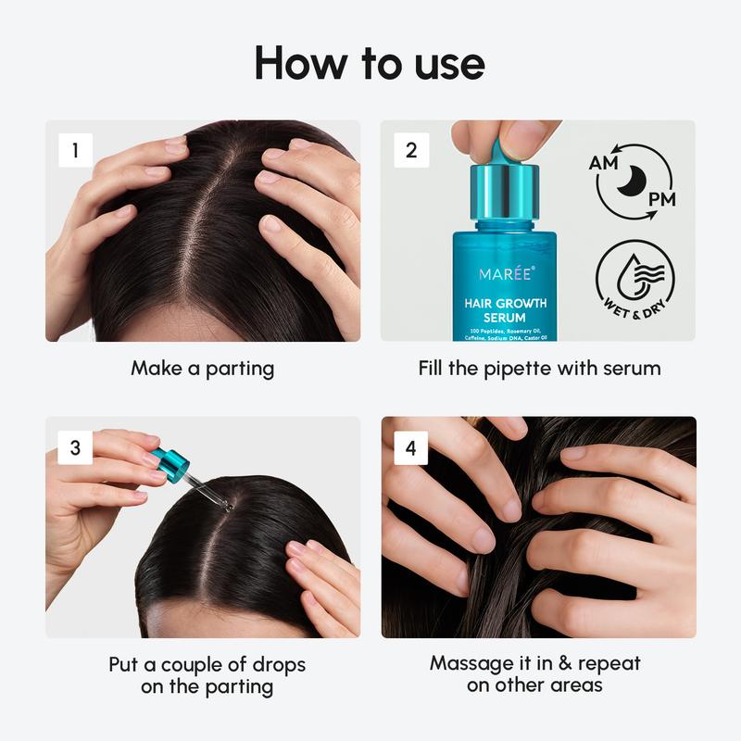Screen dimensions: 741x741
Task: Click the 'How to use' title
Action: tap(370, 63)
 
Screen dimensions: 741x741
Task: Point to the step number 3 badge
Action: tap(74, 447)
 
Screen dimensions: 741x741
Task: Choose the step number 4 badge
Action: tap(411, 447)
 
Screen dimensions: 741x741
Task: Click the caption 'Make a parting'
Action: tap(202, 369)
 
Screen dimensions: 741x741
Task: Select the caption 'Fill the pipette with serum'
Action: tap(539, 369)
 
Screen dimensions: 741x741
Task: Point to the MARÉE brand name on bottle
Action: tap(506, 276)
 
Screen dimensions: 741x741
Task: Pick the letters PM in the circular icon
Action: tap(660, 198)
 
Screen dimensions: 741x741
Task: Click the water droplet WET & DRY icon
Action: tap(634, 276)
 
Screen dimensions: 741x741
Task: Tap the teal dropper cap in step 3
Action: tap(171, 460)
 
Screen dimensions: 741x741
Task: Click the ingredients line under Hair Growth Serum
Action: tap(506, 334)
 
